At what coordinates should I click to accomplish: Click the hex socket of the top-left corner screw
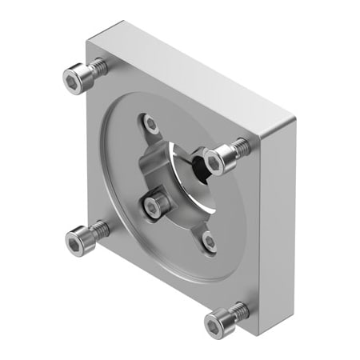tap(74, 78)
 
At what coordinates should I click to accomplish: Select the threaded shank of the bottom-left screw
tap(98, 230)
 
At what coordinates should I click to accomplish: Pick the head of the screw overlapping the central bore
tap(214, 159)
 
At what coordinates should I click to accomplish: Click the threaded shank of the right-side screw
tap(238, 147)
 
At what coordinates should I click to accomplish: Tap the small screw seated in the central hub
tap(153, 206)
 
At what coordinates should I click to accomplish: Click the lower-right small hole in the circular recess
tap(209, 239)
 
